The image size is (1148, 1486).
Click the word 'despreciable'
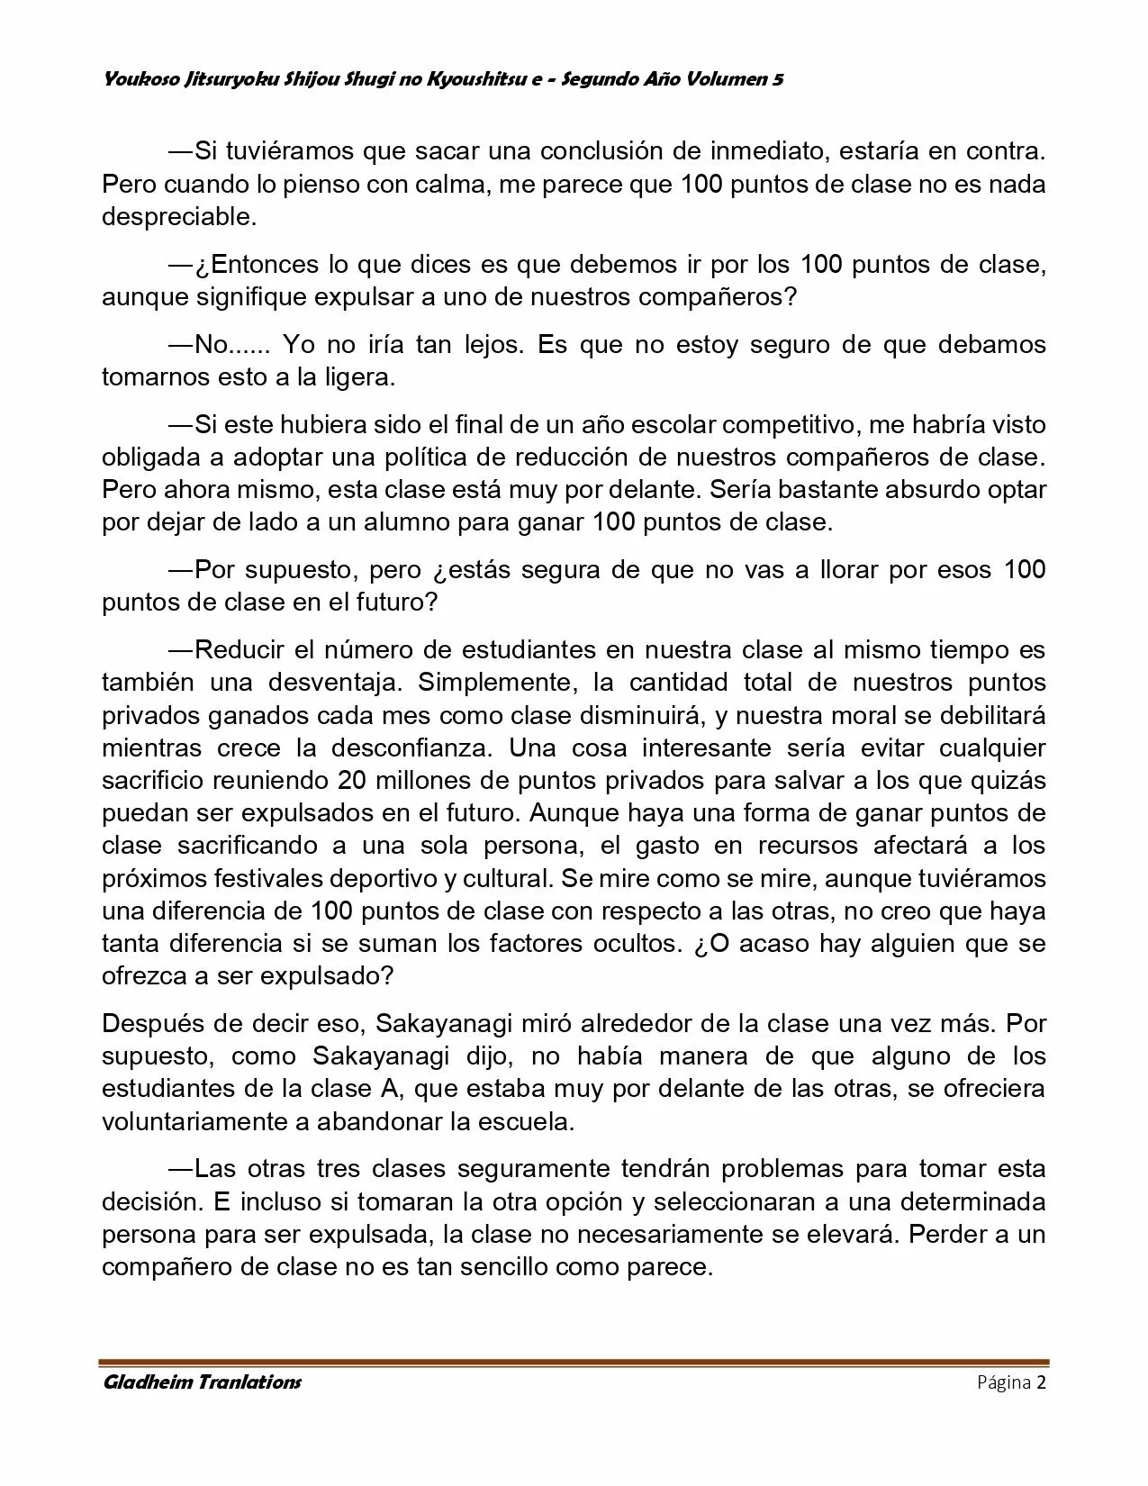[178, 217]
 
